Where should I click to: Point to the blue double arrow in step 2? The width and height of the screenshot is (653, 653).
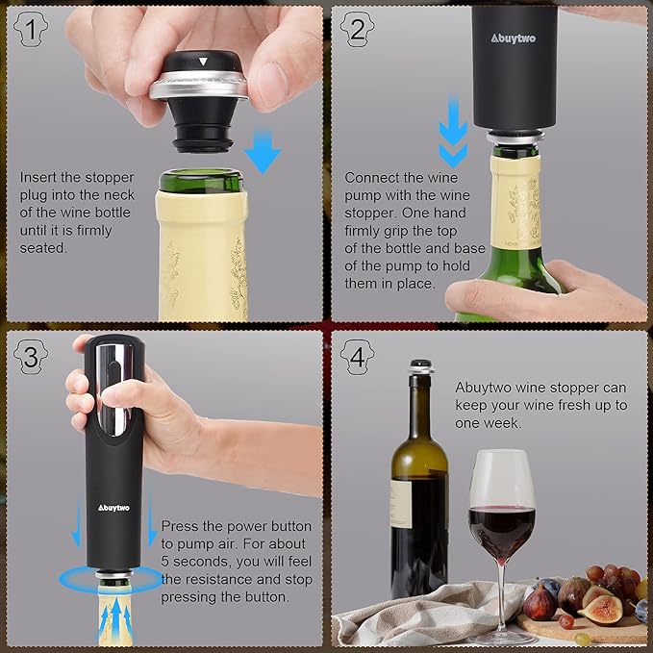point(453,135)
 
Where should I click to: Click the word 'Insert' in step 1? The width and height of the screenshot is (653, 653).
point(39,178)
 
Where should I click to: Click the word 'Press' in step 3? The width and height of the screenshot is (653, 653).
point(181,527)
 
